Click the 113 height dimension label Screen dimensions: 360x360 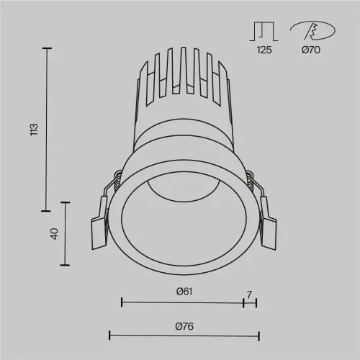click(34, 130)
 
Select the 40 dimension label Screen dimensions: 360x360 click(54, 234)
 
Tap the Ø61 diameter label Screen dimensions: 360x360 click(184, 292)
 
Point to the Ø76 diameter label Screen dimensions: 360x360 click(184, 326)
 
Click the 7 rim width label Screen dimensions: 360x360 click(249, 294)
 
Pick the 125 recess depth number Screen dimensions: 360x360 click(264, 50)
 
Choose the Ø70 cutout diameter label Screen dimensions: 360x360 click(311, 50)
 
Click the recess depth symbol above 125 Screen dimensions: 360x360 click(264, 32)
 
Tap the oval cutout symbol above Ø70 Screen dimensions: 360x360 click(313, 30)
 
